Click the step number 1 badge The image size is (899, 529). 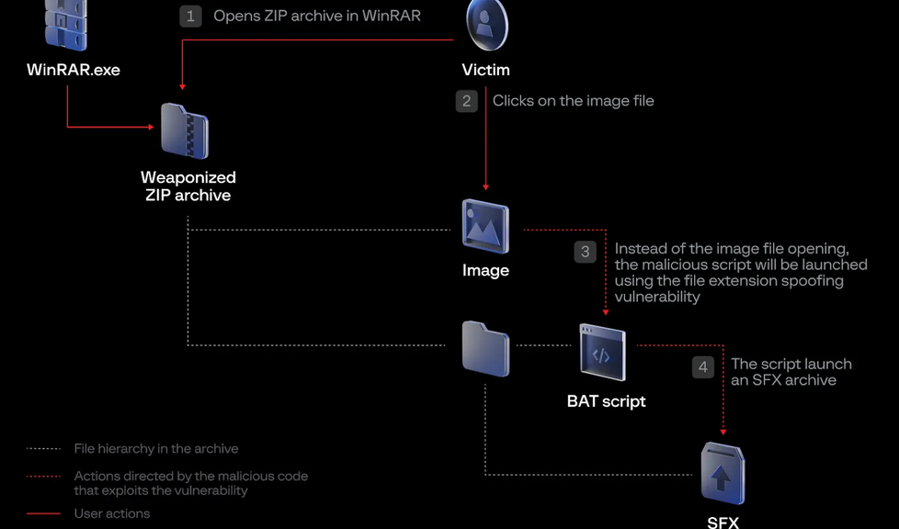190,16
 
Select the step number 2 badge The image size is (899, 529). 467,101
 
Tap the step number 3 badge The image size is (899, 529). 586,252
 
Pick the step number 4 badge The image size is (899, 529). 703,367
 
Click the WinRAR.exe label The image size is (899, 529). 74,70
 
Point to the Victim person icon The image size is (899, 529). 486,24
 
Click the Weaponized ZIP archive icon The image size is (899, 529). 185,131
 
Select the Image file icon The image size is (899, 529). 485,226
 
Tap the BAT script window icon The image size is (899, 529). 603,353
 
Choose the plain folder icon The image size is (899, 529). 485,348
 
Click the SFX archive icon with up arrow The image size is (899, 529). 723,474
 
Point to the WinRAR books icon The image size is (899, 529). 66,25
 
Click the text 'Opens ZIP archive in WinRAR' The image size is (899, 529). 317,16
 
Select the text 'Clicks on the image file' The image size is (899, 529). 574,101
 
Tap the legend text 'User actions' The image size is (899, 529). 112,513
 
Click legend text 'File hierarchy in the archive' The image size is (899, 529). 156,448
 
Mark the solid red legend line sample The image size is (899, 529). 43,513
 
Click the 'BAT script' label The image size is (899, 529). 607,401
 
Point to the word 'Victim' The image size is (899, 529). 486,70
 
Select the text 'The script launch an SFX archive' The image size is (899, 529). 791,372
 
